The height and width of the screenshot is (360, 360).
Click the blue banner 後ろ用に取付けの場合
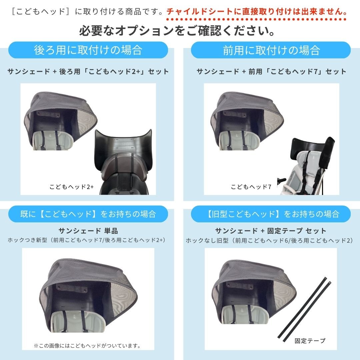(x=88, y=50)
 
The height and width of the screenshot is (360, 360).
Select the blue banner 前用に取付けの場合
(x=271, y=50)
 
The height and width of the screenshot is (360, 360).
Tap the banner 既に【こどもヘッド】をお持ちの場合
(x=88, y=214)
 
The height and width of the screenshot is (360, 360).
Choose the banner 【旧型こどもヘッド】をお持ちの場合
(x=271, y=214)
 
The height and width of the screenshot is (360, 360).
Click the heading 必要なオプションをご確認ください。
(x=177, y=31)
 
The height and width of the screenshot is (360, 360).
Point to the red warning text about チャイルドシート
(x=257, y=11)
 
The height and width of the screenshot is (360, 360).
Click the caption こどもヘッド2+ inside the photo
(x=72, y=187)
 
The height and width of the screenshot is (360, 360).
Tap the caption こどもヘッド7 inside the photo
(x=251, y=187)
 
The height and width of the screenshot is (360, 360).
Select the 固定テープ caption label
(x=310, y=341)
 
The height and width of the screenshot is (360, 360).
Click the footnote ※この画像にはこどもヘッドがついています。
(x=87, y=346)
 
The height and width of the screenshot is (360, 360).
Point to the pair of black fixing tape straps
(x=304, y=309)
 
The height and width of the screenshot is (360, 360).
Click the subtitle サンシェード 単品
(x=88, y=231)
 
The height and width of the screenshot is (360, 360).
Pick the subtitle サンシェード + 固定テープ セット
(x=271, y=231)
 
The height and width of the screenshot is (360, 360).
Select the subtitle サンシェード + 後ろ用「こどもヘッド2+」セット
(x=88, y=71)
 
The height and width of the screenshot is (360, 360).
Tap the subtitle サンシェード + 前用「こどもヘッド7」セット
(x=271, y=71)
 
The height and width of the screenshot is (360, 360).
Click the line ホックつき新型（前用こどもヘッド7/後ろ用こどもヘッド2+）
(x=87, y=240)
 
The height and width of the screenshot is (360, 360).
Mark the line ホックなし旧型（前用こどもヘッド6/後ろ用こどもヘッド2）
(x=270, y=240)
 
